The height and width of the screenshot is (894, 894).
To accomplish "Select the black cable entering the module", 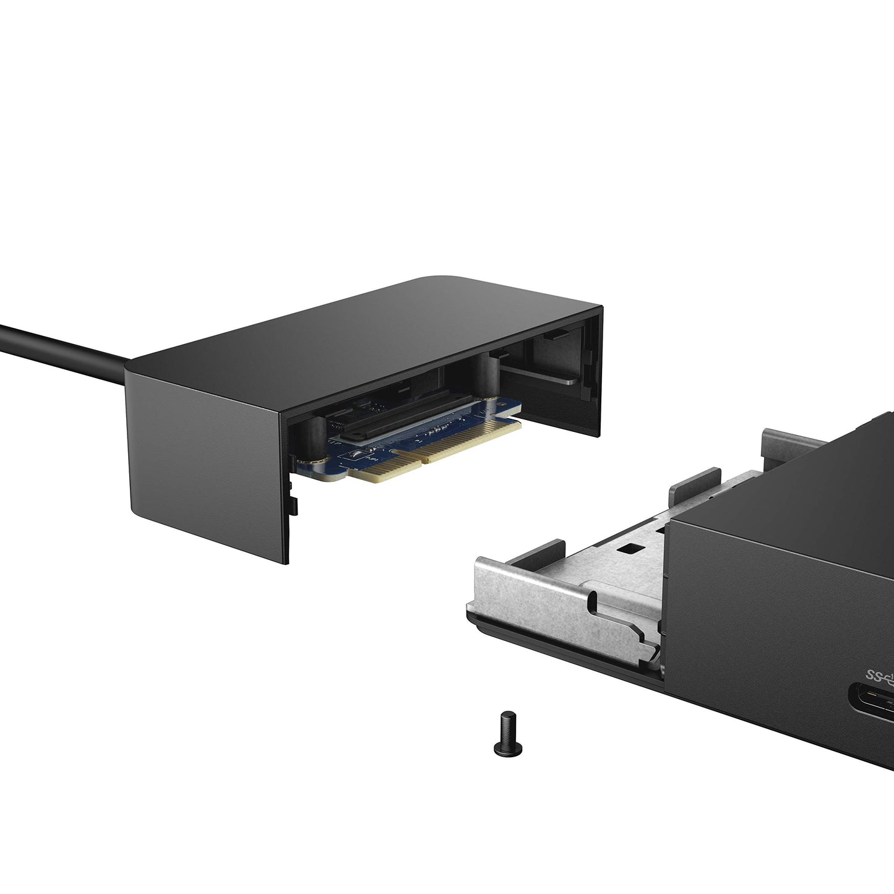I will coord(62,346).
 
